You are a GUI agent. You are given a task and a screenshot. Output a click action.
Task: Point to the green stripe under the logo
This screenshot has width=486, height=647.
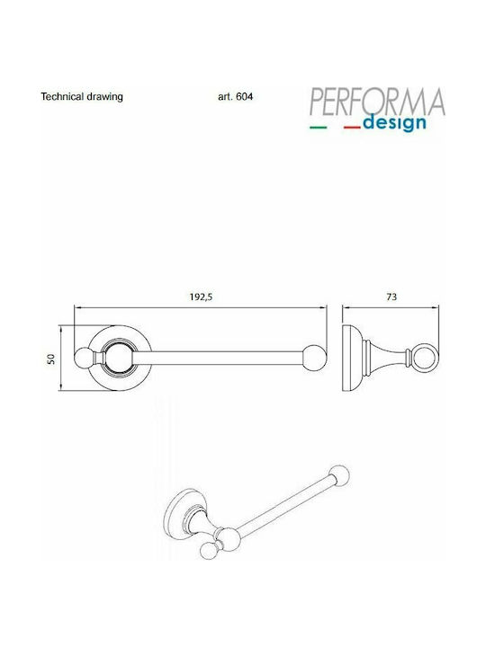(319, 128)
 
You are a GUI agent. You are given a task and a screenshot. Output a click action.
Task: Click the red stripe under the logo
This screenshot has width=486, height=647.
(352, 128)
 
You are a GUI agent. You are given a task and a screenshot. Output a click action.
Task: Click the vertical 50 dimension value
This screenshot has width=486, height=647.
(52, 358)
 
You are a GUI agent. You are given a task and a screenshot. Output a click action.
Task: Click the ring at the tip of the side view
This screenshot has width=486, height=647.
(421, 358)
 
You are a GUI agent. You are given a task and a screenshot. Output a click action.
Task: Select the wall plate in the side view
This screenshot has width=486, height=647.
(349, 358)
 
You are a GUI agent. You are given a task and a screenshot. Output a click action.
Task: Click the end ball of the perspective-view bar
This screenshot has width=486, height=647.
(338, 475)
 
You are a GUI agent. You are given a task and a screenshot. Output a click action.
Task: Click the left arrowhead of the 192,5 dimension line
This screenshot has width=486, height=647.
(76, 307)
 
